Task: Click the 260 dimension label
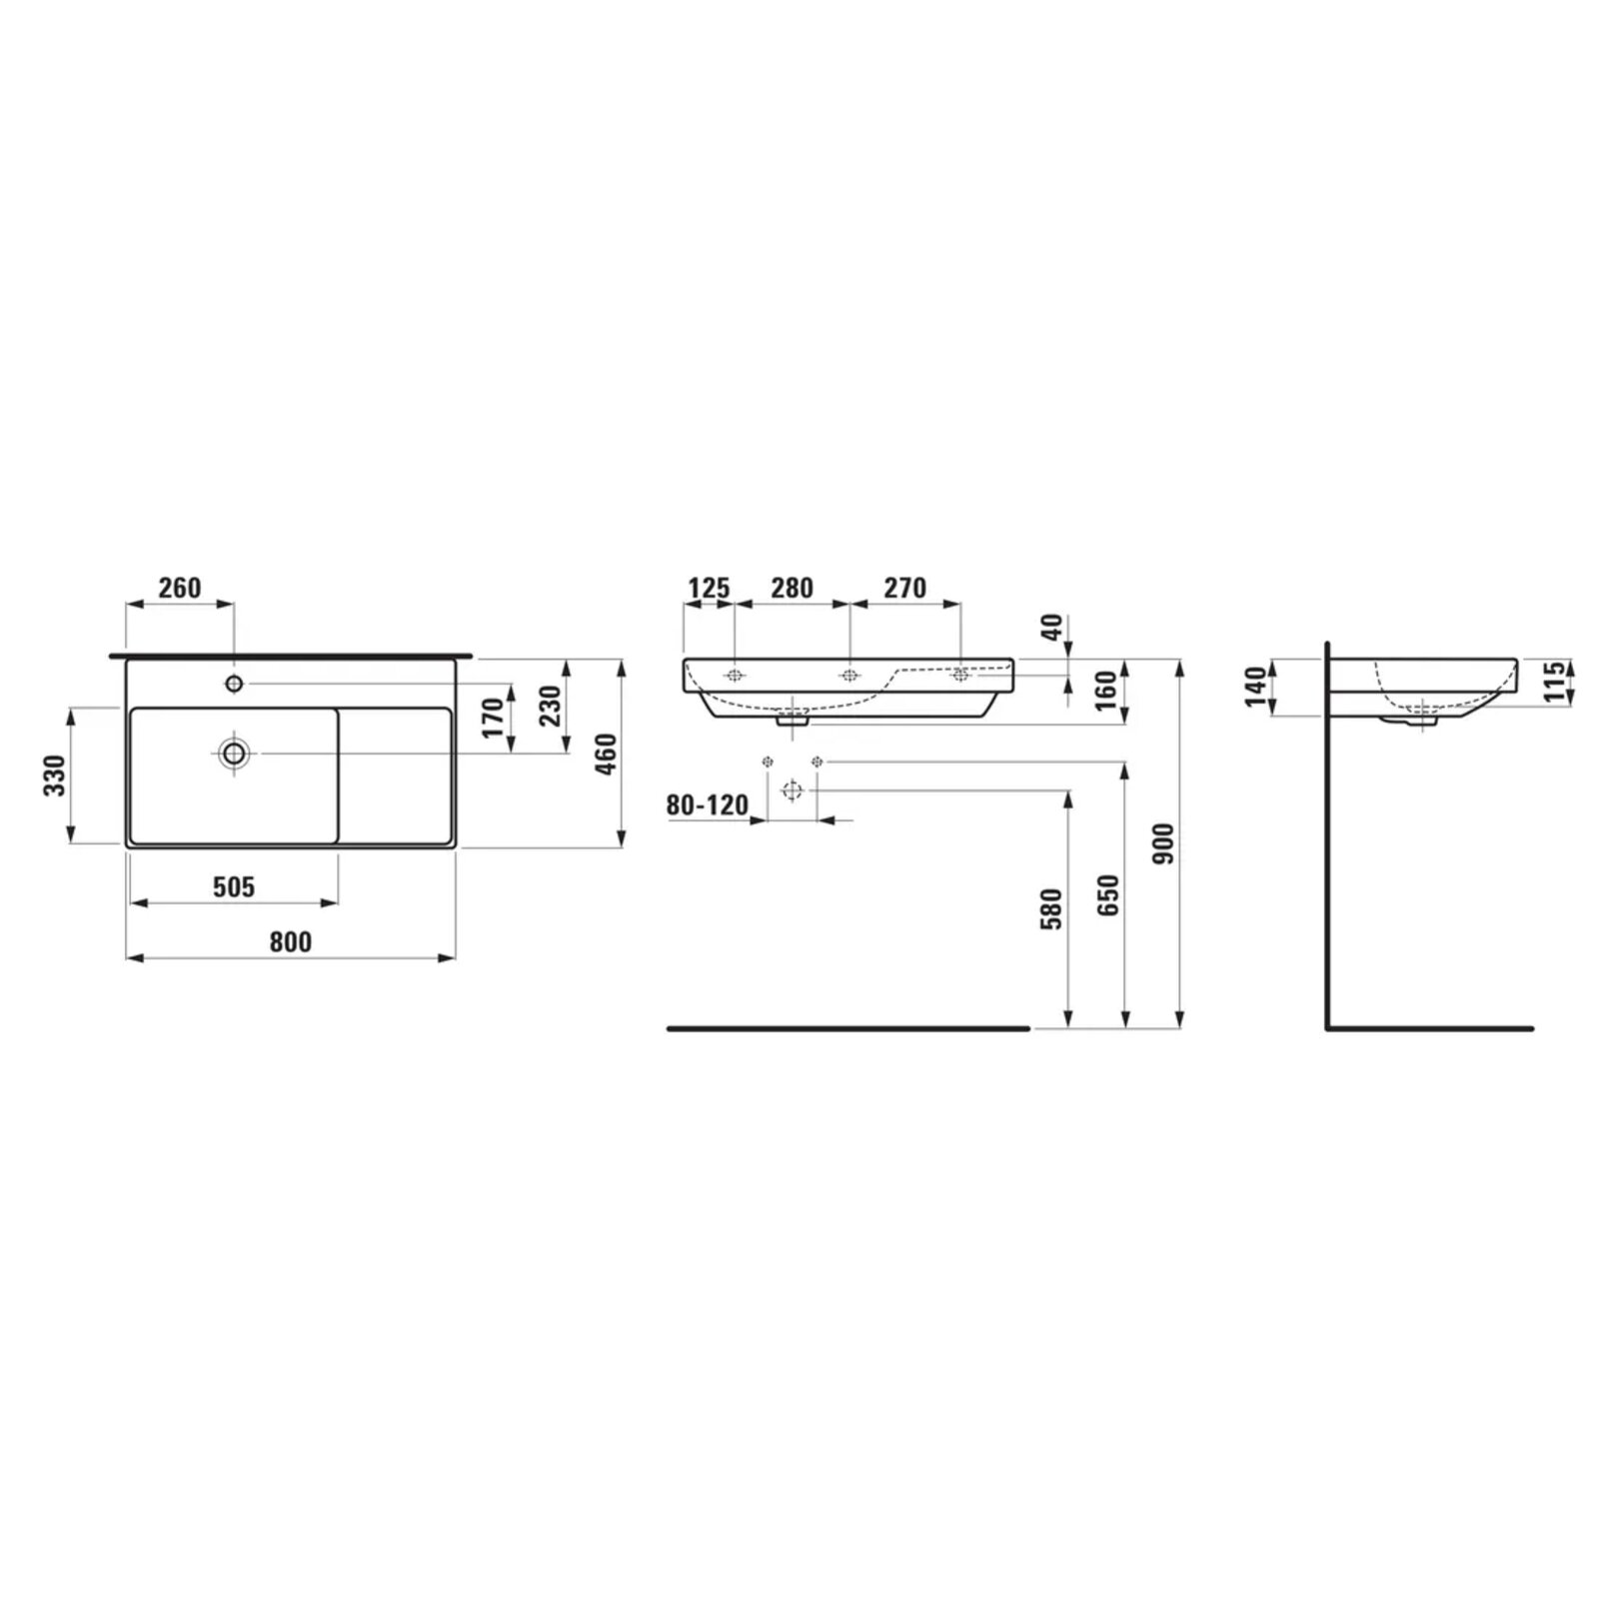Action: pos(180,588)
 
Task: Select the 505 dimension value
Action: pos(234,886)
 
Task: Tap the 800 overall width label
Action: pos(290,941)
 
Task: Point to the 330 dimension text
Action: pos(54,776)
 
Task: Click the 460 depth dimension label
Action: pos(606,754)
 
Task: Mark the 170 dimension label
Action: pos(494,718)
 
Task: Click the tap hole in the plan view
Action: pos(234,684)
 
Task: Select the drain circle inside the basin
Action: pos(234,753)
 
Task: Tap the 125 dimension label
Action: pos(709,588)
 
